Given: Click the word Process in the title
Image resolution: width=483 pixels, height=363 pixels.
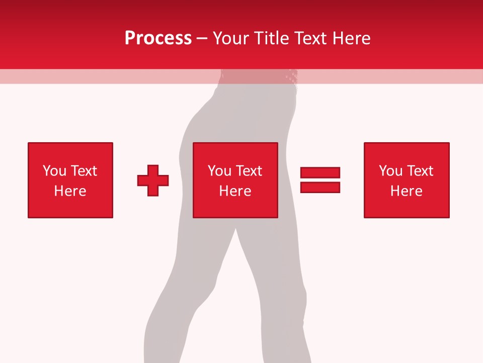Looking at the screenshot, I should pyautogui.click(x=158, y=38).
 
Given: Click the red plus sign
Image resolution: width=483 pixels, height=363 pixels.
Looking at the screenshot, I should pyautogui.click(x=153, y=180).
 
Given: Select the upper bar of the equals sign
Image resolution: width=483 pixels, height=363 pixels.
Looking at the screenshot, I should pyautogui.click(x=320, y=173).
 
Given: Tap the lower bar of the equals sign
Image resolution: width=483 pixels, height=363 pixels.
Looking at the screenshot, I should pyautogui.click(x=320, y=187).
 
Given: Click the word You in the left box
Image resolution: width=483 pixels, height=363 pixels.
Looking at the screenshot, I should pyautogui.click(x=55, y=171).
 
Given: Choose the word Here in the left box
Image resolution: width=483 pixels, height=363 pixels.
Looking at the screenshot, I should pyautogui.click(x=70, y=191).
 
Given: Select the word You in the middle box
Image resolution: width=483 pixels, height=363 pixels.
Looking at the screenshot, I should pyautogui.click(x=220, y=171).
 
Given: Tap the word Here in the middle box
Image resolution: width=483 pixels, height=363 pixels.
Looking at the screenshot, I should pyautogui.click(x=235, y=191).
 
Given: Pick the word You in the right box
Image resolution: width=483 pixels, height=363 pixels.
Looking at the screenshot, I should pyautogui.click(x=391, y=171).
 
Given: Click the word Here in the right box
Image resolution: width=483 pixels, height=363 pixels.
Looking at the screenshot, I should pyautogui.click(x=406, y=191).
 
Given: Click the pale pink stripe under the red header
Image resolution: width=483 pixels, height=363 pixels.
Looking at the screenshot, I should pyautogui.click(x=101, y=76).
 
